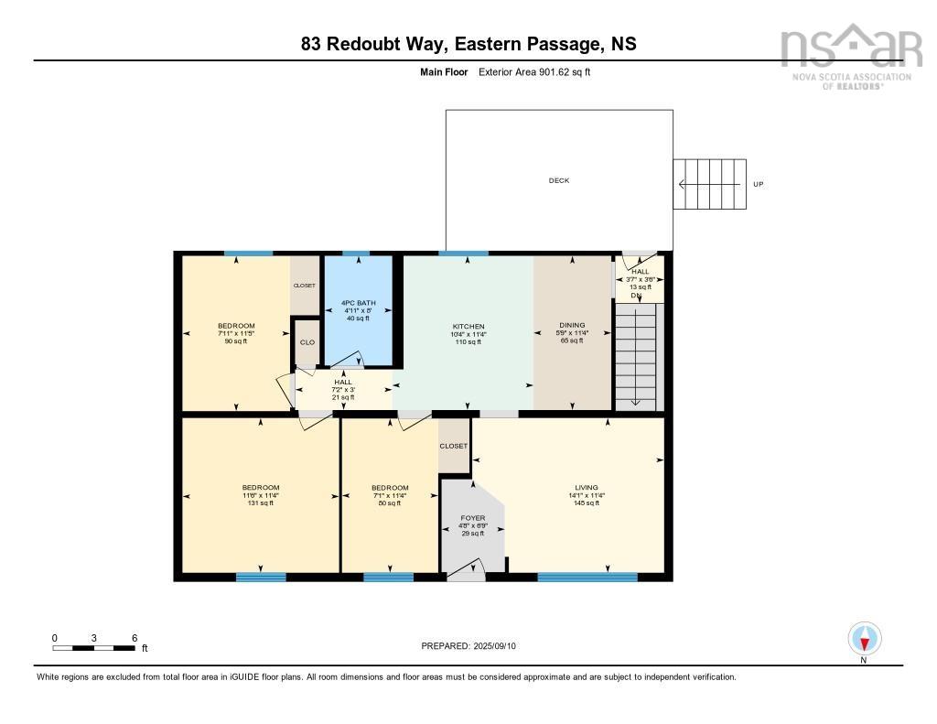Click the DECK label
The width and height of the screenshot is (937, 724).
coord(558,180)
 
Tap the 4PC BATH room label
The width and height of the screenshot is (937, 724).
coord(358,303)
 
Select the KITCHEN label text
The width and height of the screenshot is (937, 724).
coord(468,327)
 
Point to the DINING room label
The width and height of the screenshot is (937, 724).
coord(572,326)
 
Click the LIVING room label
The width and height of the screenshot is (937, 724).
coord(586,488)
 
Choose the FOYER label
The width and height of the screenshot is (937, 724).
coord(472,518)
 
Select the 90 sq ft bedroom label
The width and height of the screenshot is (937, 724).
coord(236,327)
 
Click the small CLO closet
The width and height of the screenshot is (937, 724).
coord(307,342)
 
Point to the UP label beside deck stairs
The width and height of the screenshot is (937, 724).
coord(758,184)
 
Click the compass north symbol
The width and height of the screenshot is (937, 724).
coord(864,638)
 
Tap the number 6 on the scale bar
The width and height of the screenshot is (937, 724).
coord(135,638)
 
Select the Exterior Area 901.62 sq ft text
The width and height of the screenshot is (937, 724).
coord(534,71)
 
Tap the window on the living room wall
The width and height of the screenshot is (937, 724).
coord(587,577)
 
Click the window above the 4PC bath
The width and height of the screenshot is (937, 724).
coord(356,253)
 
